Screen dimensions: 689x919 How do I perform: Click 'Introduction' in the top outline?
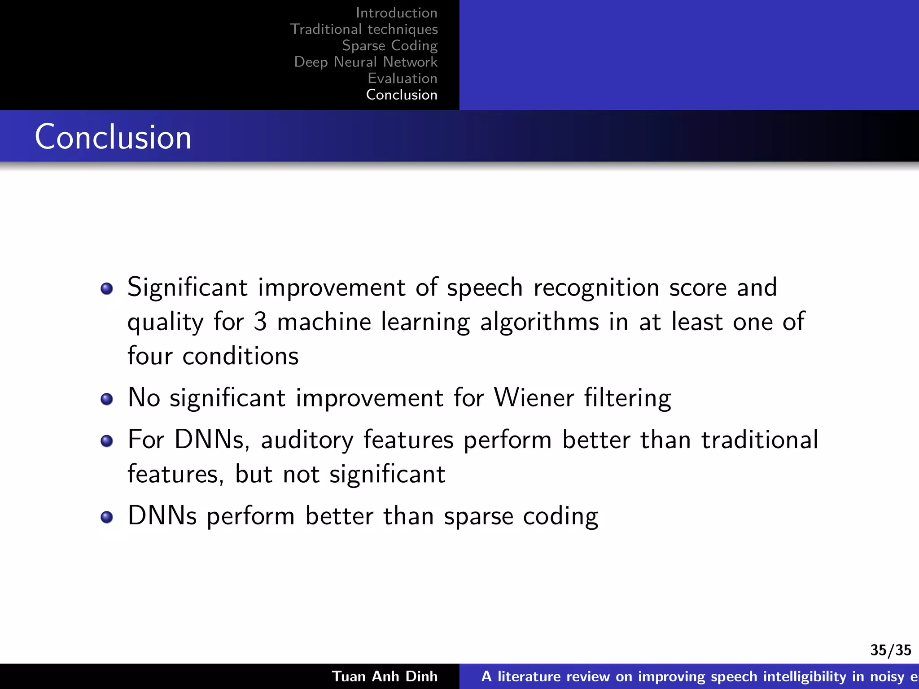click(396, 13)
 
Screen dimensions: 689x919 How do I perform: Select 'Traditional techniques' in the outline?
click(364, 29)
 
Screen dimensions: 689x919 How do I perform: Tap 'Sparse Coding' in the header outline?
click(389, 45)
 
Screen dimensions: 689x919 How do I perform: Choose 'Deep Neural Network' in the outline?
click(366, 62)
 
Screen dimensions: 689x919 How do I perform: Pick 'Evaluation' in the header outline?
click(403, 78)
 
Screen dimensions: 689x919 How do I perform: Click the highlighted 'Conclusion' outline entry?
click(402, 95)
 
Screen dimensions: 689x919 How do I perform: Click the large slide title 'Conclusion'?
click(113, 137)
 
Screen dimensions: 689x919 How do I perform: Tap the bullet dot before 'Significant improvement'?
click(107, 288)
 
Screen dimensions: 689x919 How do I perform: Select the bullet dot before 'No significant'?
click(107, 399)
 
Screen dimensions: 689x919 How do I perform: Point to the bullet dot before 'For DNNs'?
click(107, 440)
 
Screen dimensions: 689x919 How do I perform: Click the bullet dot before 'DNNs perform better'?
click(107, 517)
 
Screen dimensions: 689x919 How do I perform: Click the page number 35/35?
click(891, 650)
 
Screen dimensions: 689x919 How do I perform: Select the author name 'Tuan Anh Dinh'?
click(385, 676)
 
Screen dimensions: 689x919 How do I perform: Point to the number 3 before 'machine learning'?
click(260, 322)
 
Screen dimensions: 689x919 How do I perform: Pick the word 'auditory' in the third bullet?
click(307, 440)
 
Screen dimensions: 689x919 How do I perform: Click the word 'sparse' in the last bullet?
click(478, 517)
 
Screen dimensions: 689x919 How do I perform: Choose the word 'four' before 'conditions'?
click(150, 356)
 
